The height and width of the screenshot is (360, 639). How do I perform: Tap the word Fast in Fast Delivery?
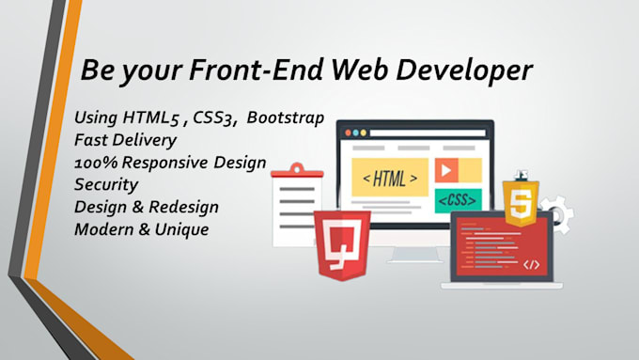click(90, 140)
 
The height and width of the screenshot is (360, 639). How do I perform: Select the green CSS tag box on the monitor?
click(459, 200)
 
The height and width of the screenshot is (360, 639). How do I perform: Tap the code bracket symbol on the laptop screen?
click(531, 264)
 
